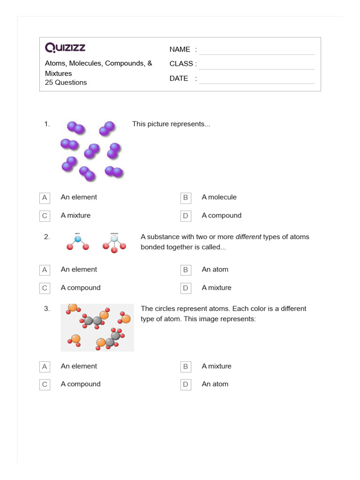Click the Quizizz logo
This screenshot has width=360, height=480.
pos(65,48)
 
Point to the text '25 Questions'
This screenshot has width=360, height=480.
pos(66,82)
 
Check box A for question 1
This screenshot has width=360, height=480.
pos(45,198)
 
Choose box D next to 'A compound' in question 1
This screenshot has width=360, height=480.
pos(186,216)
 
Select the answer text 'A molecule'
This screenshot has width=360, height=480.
pos(219,197)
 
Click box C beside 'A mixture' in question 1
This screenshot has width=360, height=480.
pos(45,216)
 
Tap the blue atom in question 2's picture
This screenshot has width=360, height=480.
pos(78,239)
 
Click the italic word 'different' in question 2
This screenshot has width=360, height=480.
pos(248,237)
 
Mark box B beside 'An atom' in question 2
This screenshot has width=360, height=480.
pos(186,270)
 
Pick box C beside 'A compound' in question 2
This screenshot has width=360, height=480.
pos(45,288)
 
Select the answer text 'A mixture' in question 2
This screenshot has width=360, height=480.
pos(217,288)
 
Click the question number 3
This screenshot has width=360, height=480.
pos(47,309)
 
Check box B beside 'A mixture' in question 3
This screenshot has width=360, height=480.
pos(186,367)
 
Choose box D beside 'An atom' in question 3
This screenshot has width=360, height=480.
pos(186,385)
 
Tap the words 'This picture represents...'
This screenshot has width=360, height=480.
pos(171,124)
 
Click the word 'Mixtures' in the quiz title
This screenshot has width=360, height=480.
pos(59,74)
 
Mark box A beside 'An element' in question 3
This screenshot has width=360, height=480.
pos(45,367)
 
